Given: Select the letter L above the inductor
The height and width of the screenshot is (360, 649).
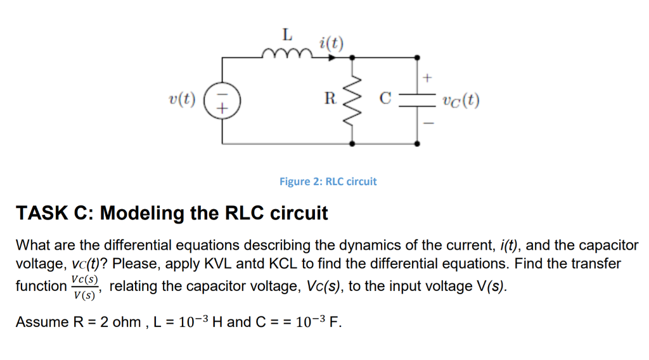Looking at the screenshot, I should (286, 33).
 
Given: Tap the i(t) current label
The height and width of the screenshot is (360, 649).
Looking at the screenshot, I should (331, 43).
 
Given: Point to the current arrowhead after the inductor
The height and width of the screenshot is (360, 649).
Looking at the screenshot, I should (331, 57).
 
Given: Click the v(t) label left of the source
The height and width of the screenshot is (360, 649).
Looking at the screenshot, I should (183, 100).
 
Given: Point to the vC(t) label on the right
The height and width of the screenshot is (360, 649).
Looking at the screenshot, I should (461, 100).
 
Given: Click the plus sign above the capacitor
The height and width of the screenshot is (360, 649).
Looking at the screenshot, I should (427, 78).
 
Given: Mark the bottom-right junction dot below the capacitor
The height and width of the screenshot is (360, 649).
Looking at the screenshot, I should (416, 144).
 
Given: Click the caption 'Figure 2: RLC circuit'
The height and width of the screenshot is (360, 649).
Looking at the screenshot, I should (328, 181).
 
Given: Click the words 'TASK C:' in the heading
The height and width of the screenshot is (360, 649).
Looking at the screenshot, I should (53, 213).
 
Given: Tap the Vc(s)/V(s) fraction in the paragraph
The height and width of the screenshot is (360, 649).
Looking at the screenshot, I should (84, 286).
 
